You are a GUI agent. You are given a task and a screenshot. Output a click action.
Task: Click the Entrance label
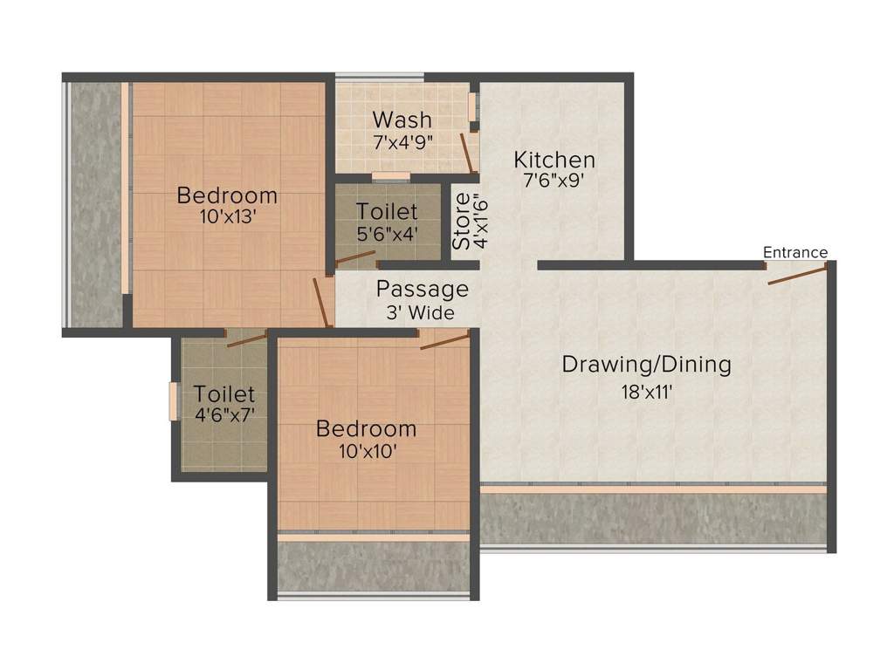[794, 253]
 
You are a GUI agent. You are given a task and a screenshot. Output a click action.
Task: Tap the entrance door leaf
[797, 275]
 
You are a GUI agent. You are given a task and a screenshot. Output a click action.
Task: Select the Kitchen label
[554, 161]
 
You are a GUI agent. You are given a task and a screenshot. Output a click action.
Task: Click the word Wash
[402, 120]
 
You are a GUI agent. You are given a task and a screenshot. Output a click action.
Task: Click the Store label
[460, 222]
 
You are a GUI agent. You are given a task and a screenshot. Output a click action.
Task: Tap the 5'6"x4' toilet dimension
[387, 233]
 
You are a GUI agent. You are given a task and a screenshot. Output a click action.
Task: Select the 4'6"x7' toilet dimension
[224, 415]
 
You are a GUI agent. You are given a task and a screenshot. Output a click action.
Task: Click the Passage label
[422, 290]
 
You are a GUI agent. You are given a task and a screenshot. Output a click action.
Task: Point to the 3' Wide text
[422, 311]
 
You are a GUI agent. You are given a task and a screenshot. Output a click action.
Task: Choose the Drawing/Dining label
[646, 365]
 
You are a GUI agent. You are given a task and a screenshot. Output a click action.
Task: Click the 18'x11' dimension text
[646, 392]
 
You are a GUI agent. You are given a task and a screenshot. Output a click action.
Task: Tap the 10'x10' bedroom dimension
[366, 451]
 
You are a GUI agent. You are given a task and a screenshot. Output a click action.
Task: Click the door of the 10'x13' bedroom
[322, 303]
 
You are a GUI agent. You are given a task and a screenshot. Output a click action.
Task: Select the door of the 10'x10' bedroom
[444, 340]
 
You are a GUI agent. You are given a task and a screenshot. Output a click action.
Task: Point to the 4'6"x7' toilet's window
[173, 401]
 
